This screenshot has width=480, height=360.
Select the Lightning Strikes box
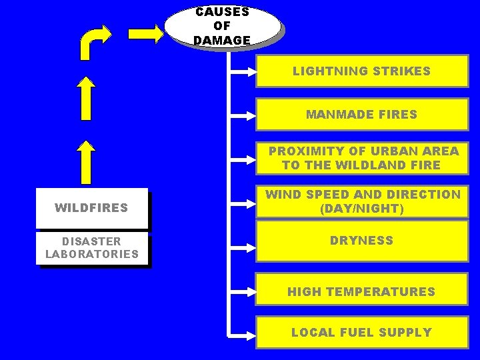(x=362, y=71)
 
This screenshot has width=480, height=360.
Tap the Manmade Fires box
(x=362, y=114)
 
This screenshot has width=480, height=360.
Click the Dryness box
(x=362, y=241)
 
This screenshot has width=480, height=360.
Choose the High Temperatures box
(x=362, y=291)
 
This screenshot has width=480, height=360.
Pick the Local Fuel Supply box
(x=362, y=332)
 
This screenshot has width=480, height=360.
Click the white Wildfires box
(x=91, y=208)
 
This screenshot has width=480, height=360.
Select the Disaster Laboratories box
(x=92, y=247)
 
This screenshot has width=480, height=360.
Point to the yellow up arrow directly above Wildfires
(x=85, y=163)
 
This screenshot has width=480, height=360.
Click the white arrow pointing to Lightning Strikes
(x=243, y=69)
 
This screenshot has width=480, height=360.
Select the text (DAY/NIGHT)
(x=362, y=209)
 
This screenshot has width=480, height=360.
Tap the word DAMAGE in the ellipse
(x=222, y=41)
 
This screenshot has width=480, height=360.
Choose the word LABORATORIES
(x=92, y=254)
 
